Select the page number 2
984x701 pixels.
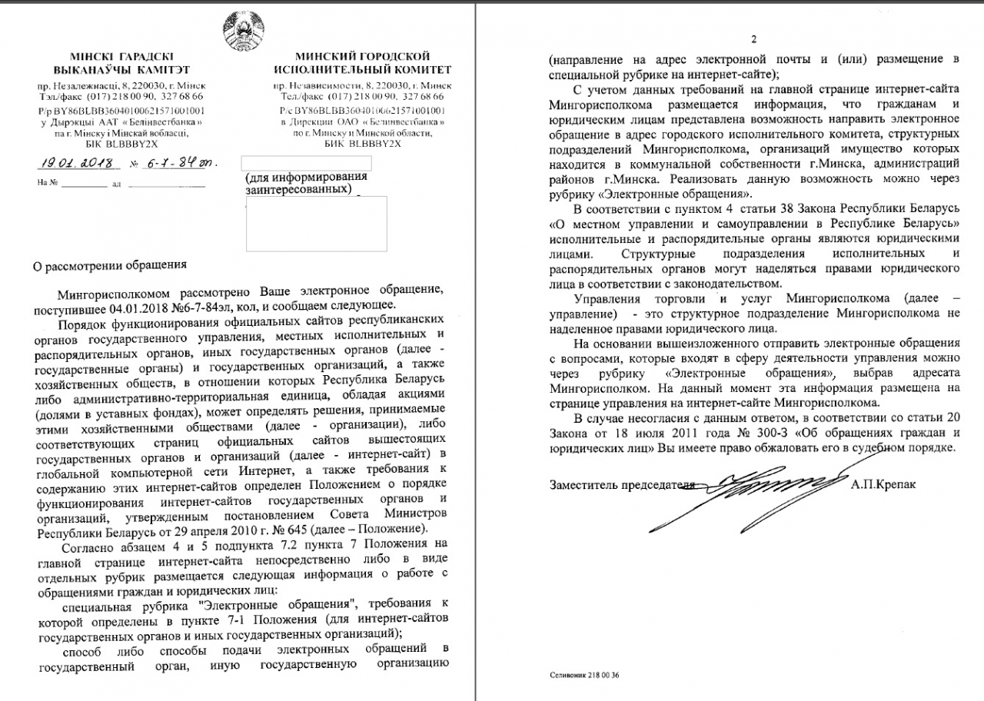(753, 40)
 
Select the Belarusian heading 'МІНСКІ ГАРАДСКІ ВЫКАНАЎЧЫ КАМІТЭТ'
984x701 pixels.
(121, 62)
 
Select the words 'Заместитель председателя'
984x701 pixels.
(617, 485)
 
